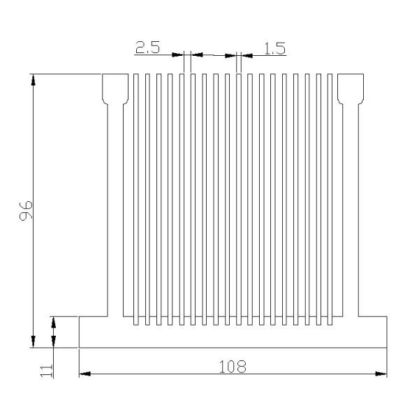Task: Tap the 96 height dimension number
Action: tap(26, 210)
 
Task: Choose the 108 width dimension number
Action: tap(233, 366)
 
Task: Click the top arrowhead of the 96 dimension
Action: tap(33, 79)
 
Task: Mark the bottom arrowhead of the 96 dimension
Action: tap(33, 341)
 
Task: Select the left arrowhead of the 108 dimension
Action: tap(84, 375)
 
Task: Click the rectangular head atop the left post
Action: tap(115, 87)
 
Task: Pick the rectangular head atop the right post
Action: tap(350, 87)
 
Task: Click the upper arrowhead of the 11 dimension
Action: tap(54, 321)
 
